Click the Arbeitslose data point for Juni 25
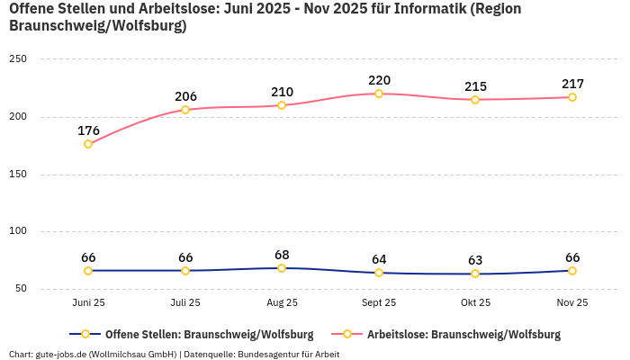point(88,144)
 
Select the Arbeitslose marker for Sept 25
point(379,94)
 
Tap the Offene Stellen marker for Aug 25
point(282,268)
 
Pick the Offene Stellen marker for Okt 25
point(475,274)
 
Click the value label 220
point(379,80)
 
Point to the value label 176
point(88,130)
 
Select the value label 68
point(282,255)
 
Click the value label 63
point(475,260)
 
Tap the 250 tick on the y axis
point(18,59)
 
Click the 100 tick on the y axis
point(18,231)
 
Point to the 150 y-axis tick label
point(18,174)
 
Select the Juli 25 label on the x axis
point(185,303)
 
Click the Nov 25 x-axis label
point(571,303)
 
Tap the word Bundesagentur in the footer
point(268,355)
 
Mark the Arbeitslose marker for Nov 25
point(571,97)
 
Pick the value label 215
point(475,86)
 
